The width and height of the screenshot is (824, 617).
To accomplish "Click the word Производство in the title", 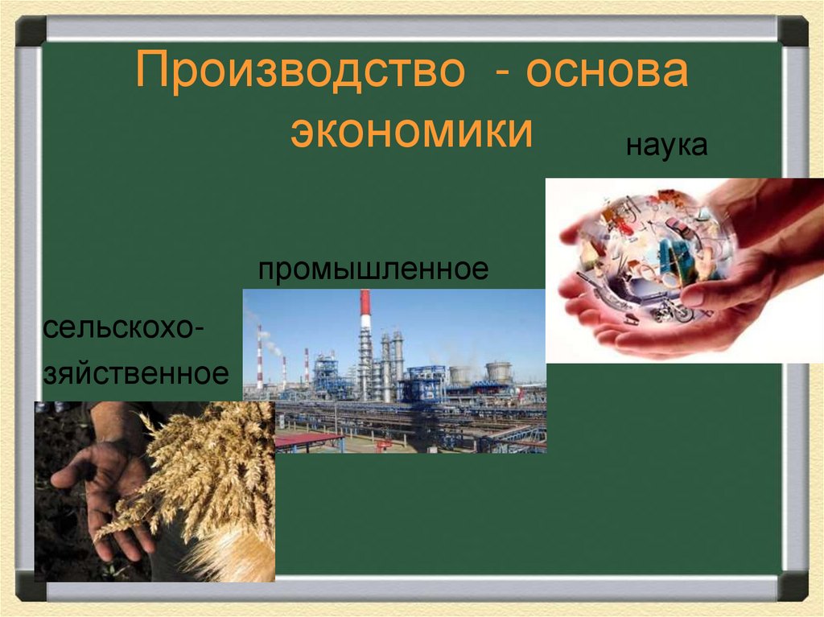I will [x=301, y=73].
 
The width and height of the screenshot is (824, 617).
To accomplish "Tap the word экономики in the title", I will [x=411, y=130].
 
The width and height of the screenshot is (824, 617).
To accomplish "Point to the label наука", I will [x=667, y=146].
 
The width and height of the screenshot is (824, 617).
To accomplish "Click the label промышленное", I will [x=373, y=269].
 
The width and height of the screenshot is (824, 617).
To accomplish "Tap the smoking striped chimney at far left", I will [x=259, y=354].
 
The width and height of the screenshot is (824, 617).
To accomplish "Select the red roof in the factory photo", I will [x=308, y=439].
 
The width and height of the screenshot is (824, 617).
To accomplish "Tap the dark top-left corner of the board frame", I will [x=31, y=31].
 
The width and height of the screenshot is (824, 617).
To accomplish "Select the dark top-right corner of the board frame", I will [x=793, y=31].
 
